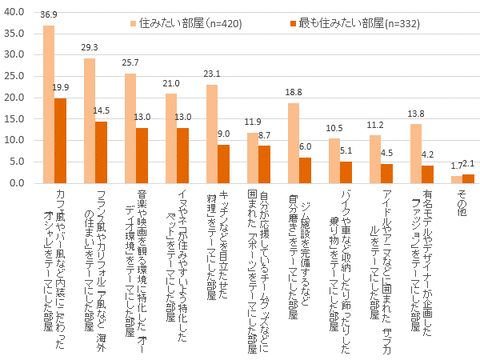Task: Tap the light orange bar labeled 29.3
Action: tap(90, 121)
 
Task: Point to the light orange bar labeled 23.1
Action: tap(212, 134)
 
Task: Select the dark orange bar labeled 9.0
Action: tap(223, 164)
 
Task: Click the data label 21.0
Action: tap(170, 84)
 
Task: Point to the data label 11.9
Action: tap(252, 123)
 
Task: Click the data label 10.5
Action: tap(334, 129)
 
